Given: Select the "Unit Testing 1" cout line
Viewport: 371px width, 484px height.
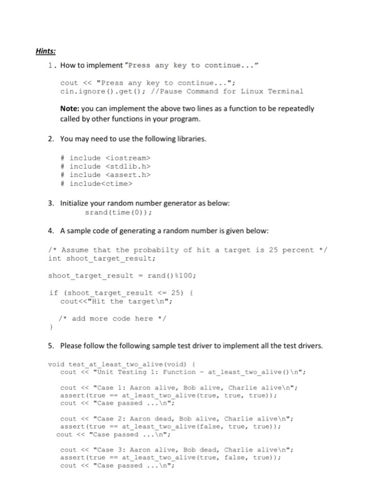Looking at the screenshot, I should (178, 371).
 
